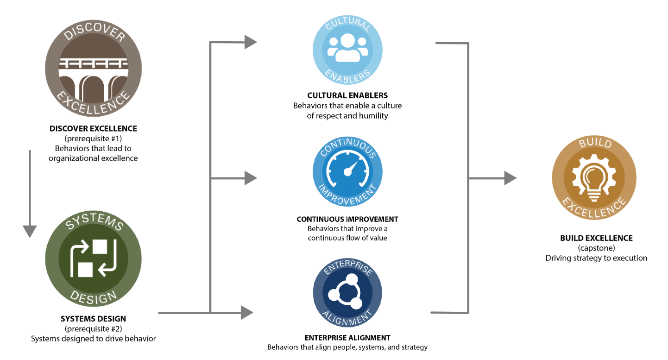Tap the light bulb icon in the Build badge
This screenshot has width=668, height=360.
[595, 178]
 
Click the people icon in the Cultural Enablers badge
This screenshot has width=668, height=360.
[347, 48]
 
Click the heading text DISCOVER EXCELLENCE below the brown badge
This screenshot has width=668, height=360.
[93, 128]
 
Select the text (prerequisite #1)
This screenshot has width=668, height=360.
[93, 139]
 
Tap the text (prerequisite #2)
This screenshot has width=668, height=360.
[93, 329]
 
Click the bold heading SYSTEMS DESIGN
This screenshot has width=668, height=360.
[93, 319]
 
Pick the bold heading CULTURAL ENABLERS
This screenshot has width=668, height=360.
[347, 95]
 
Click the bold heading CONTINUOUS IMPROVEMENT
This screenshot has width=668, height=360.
[347, 219]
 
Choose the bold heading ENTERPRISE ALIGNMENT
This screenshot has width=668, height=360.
[347, 338]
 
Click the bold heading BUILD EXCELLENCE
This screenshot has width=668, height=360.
[596, 238]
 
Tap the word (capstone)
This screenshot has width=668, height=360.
[596, 248]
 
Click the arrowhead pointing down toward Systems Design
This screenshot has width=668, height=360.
[30, 231]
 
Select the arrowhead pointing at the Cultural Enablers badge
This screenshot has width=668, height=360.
[251, 42]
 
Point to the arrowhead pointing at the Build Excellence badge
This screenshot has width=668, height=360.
[510, 178]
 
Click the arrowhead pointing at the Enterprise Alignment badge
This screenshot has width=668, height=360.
[247, 313]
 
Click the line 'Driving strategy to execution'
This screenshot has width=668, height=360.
[596, 258]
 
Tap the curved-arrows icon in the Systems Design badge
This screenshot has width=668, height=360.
[93, 258]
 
